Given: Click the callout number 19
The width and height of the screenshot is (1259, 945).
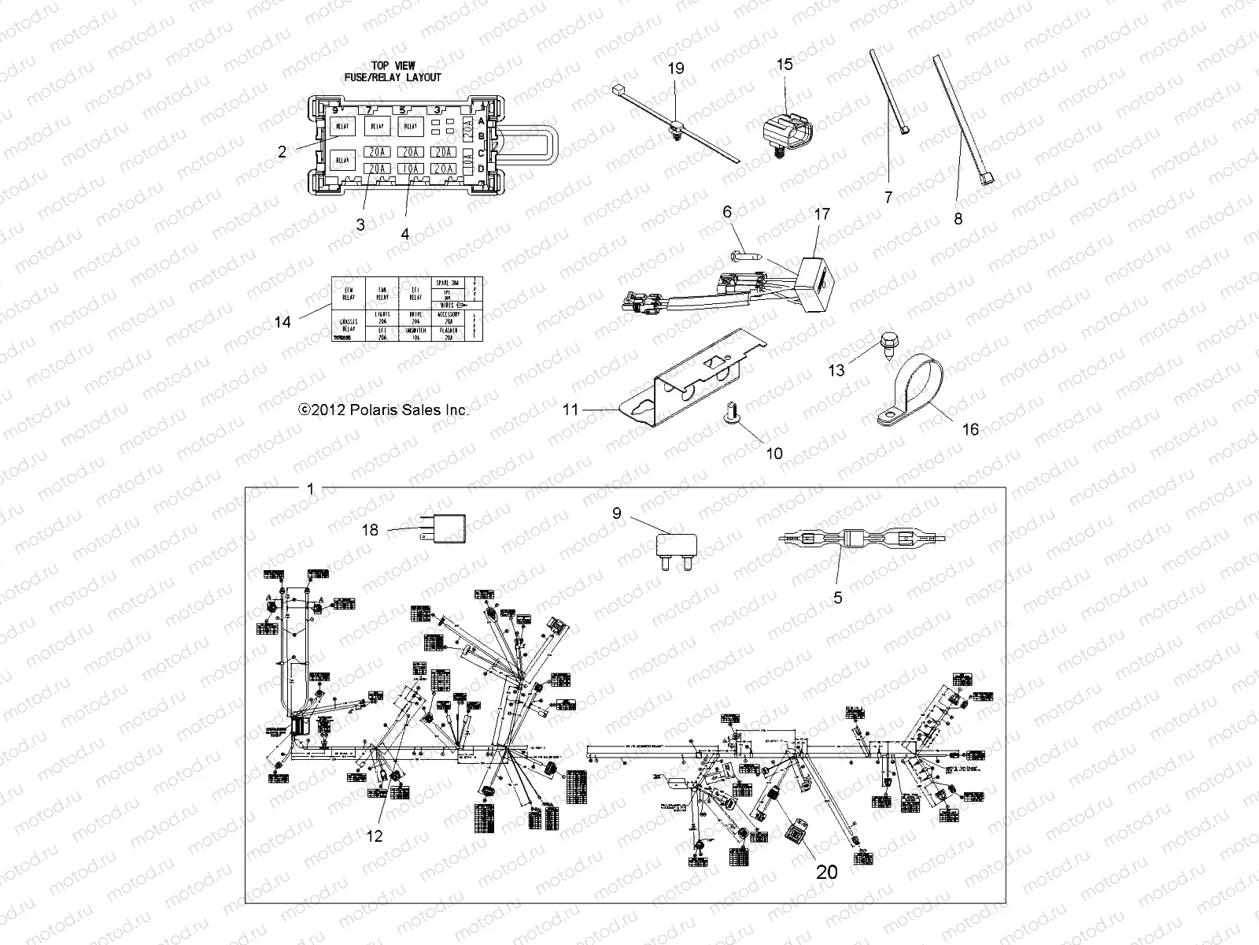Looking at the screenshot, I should coord(676,69).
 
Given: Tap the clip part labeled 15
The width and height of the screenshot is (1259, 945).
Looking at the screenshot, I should coord(786,127).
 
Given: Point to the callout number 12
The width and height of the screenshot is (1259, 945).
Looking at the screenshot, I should coord(375,836).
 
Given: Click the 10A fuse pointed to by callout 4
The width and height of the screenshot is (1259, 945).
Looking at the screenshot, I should coord(408,169).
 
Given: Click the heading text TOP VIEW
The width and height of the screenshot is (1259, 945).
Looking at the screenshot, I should coord(393,66).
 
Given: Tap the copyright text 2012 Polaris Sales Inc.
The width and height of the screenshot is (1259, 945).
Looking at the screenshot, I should coord(383,410).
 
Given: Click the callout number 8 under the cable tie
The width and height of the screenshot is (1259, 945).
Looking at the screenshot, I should coord(958,219).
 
